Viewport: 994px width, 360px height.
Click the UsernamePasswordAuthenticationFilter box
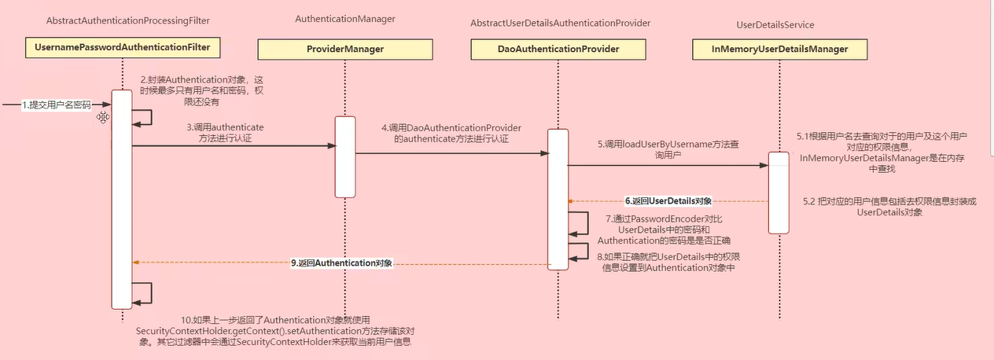[123, 48]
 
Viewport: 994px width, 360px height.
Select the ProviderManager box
[344, 49]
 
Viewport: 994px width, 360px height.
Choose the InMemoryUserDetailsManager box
[779, 49]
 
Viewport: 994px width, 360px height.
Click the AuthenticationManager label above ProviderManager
[344, 18]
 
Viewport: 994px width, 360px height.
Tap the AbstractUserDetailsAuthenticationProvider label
[560, 24]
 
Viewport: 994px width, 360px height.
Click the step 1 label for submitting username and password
[56, 105]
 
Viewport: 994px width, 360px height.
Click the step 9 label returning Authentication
[342, 263]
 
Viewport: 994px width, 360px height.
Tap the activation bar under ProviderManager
[345, 157]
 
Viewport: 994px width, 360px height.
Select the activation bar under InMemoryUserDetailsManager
[778, 193]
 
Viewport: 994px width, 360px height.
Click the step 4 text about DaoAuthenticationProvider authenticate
[451, 133]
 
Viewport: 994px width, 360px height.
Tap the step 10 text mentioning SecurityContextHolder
[274, 330]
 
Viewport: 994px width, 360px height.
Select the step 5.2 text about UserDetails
[889, 207]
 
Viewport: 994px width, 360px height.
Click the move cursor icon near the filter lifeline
[102, 117]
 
